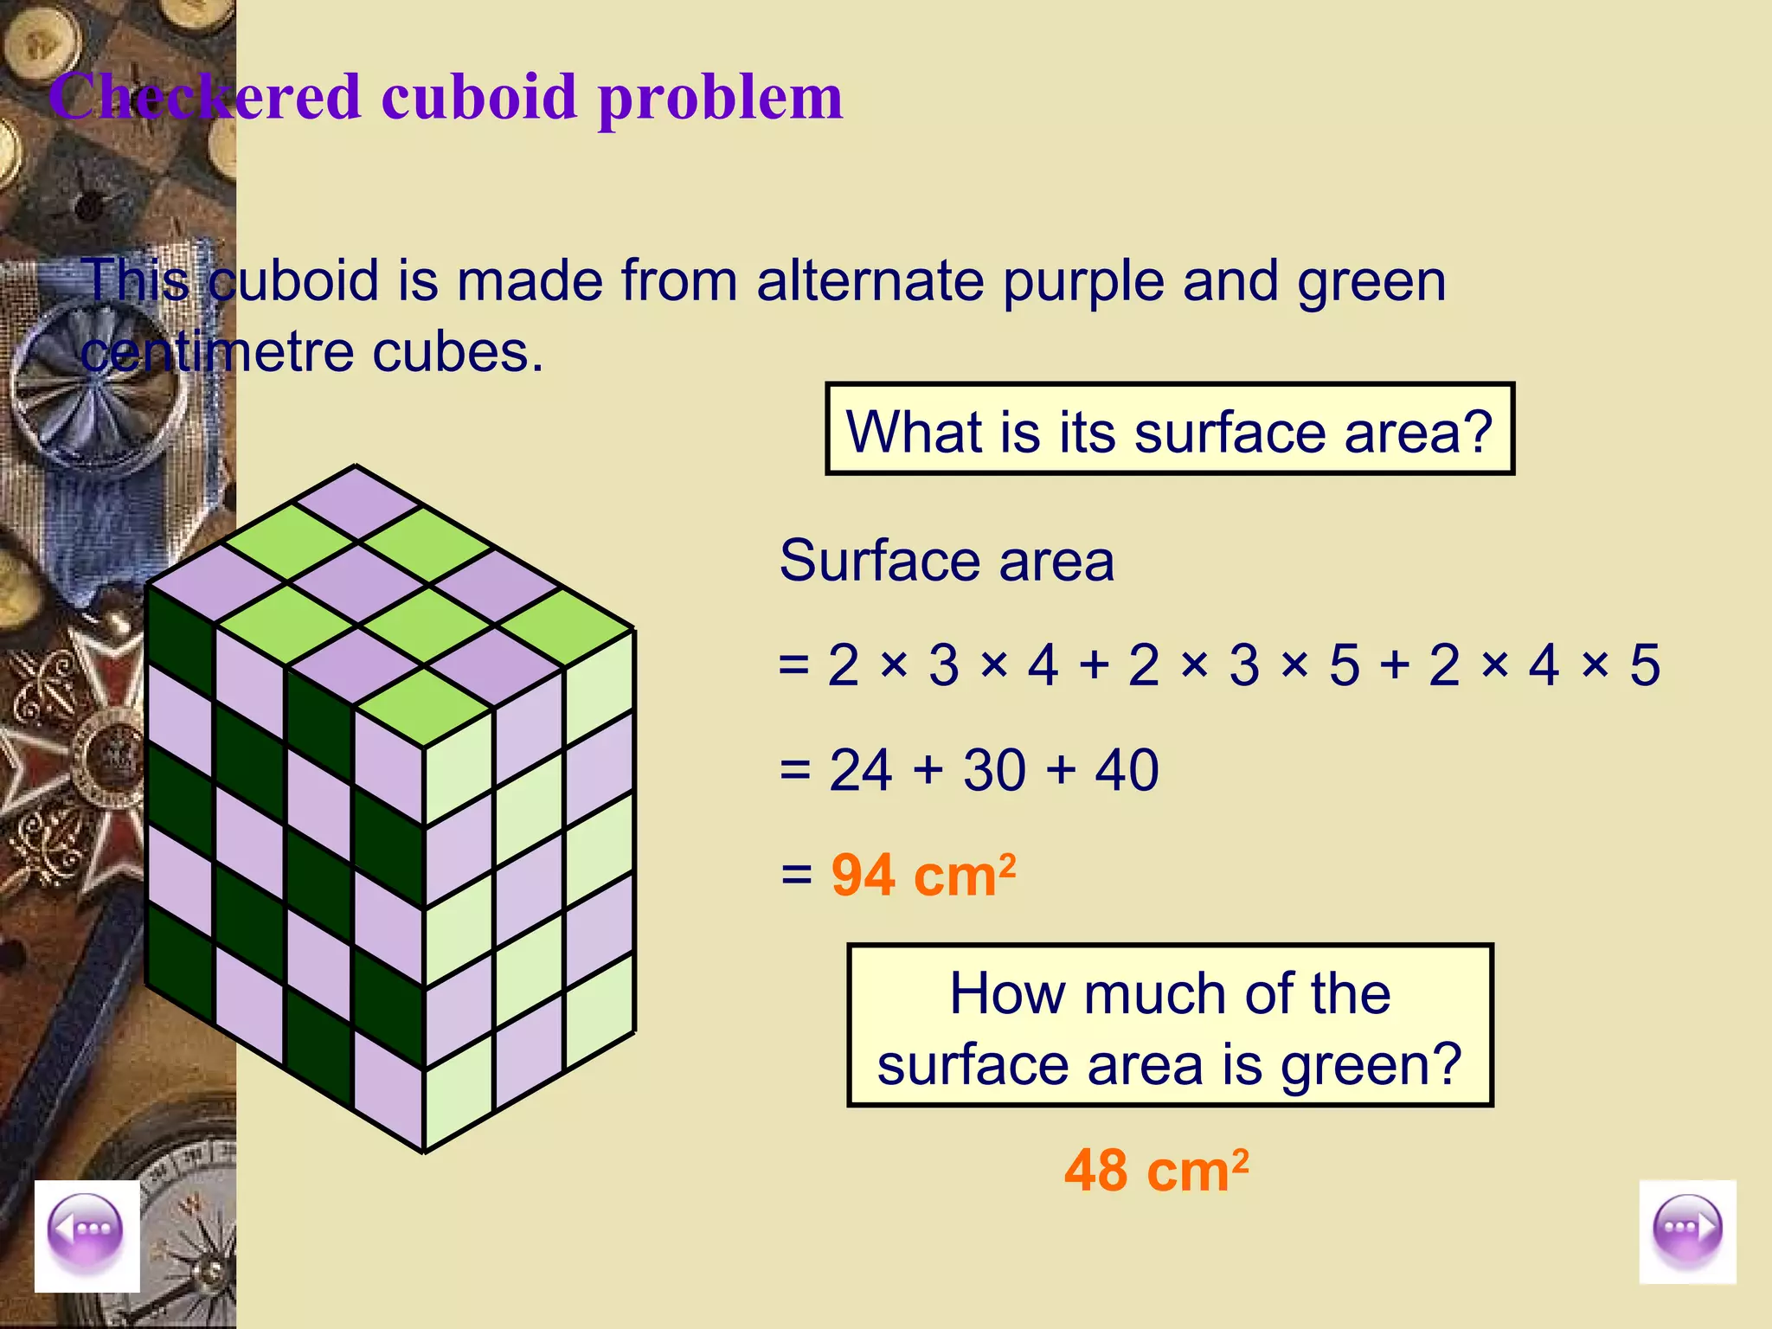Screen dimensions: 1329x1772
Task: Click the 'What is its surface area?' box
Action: point(1170,430)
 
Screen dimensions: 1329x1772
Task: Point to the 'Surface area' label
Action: point(947,561)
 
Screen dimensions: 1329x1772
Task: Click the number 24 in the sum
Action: point(860,769)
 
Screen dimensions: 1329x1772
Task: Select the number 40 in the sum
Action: point(1127,769)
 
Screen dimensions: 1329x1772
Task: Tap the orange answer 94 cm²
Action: point(923,875)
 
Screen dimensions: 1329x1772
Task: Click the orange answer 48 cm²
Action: point(1156,1171)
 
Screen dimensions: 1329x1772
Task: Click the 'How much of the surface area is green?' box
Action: point(1170,1026)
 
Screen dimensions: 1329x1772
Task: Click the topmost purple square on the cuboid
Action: point(356,502)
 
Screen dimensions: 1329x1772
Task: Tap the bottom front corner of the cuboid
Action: point(424,1151)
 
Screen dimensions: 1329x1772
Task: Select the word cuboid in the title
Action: point(478,97)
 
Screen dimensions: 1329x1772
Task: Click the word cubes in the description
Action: point(458,353)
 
